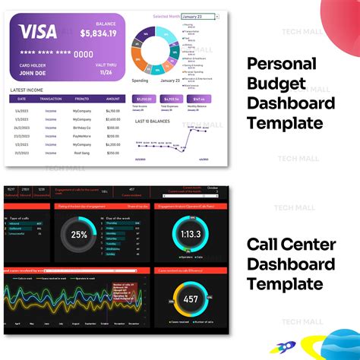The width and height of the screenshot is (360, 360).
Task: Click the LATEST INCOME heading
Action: [30, 90]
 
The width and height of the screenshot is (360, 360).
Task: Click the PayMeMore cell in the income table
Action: [82, 137]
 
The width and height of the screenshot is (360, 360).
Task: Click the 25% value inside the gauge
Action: [79, 235]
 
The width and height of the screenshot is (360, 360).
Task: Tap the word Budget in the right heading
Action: [275, 84]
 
